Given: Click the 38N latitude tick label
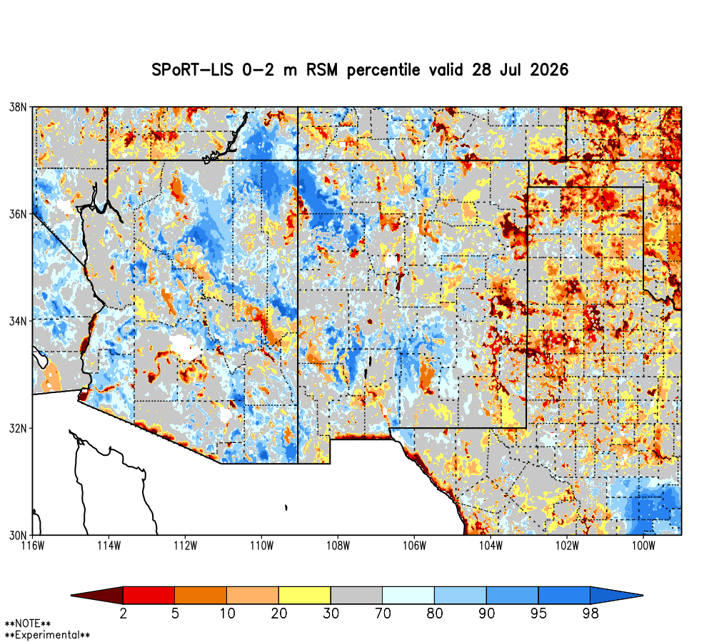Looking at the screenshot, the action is tap(18, 108).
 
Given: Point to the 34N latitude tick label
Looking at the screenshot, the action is tap(18, 321).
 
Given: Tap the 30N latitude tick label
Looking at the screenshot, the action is tap(18, 535).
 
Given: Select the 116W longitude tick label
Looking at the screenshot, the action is tap(33, 546).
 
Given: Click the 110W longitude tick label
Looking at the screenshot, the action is tap(262, 546).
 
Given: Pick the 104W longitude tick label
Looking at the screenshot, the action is tap(491, 546).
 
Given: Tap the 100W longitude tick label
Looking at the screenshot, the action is tap(643, 546).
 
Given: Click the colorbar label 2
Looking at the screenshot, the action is tap(123, 613).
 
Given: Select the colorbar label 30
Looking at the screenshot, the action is tap(331, 613).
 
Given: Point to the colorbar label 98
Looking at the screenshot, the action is tap(590, 613).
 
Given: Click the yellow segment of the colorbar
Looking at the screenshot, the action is tap(305, 595).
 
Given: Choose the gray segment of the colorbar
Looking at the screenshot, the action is tap(356, 595).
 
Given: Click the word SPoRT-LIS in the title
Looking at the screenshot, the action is tap(192, 70).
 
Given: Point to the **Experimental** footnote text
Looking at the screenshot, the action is tap(47, 635).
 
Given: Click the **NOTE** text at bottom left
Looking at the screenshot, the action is tap(27, 623).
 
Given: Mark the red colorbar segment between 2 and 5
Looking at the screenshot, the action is tap(149, 595).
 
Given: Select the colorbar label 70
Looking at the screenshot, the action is tap(383, 613).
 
